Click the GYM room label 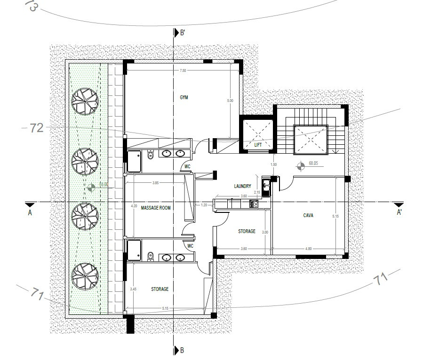[184, 97]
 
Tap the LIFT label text [258, 145]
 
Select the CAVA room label [309, 215]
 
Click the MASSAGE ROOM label [156, 207]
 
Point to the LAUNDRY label [242, 186]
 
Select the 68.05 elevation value [314, 164]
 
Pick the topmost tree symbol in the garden [85, 102]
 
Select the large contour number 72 [37, 128]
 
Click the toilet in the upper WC [150, 155]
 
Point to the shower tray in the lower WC [135, 249]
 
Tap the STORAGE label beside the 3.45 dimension [160, 289]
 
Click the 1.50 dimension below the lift [273, 164]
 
